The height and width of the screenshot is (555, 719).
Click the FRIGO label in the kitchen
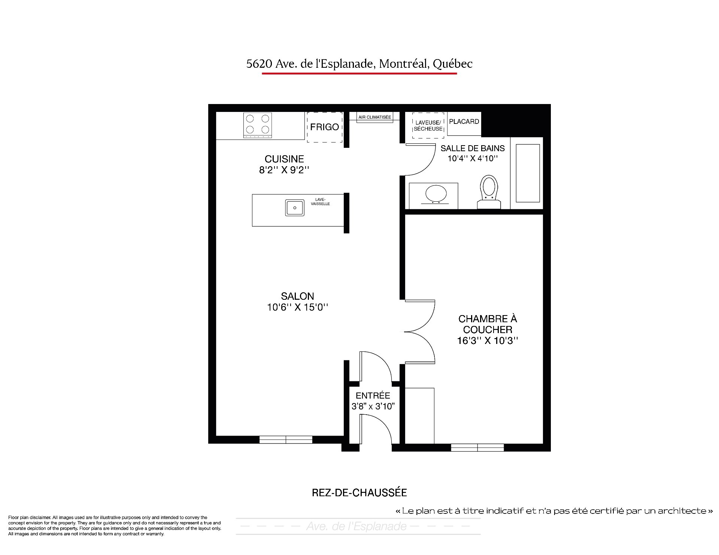point(324,127)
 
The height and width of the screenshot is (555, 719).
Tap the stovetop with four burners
point(258,125)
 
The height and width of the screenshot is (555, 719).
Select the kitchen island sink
point(295,208)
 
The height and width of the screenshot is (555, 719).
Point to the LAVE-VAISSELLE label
point(320,202)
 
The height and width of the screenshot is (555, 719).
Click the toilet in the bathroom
point(489,191)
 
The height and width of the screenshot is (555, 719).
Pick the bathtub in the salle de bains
point(528,173)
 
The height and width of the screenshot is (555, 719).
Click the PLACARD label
point(464,122)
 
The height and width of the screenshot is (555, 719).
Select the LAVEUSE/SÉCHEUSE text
point(428,126)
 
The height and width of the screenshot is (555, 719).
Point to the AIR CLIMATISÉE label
point(374,117)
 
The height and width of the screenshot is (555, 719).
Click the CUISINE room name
point(284,159)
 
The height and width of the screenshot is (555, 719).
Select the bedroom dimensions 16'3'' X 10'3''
point(488,341)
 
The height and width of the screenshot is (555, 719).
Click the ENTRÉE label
point(373,396)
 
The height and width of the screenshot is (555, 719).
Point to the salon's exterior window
point(286,440)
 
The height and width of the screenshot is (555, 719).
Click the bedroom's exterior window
point(477,448)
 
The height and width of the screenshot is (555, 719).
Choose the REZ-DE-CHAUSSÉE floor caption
point(359,493)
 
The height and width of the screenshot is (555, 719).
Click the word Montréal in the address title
point(404,64)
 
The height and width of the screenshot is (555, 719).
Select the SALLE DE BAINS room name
point(473,149)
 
